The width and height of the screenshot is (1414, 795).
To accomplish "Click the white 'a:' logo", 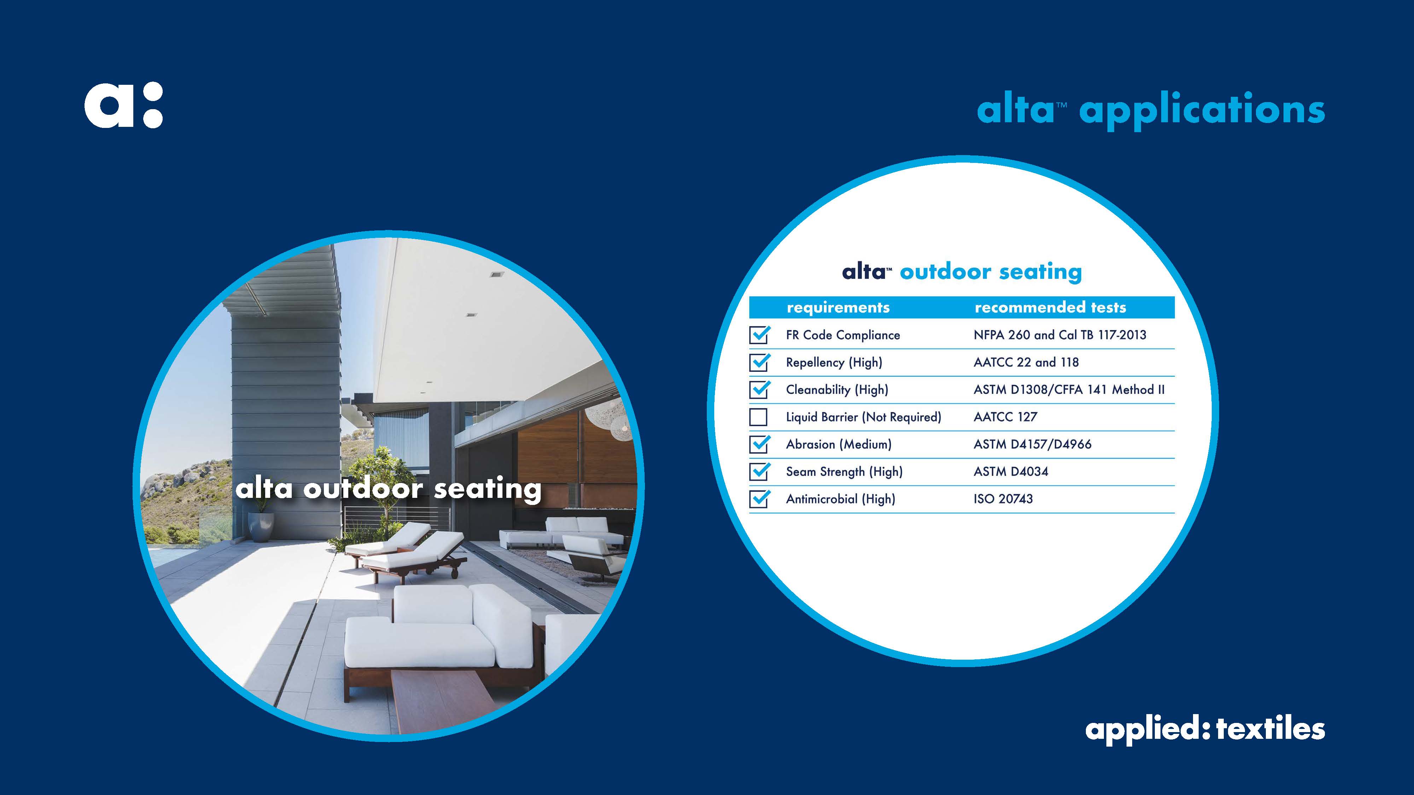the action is [123, 105].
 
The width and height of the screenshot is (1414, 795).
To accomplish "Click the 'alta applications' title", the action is [1151, 110].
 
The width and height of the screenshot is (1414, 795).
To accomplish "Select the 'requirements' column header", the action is [838, 307].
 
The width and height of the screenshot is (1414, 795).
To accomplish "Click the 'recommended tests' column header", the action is [1050, 307].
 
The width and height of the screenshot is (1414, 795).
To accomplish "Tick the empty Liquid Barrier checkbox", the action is [758, 417].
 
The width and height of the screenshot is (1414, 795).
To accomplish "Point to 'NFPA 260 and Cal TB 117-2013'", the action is [1060, 335].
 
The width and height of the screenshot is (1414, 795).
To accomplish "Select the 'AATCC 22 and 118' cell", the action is [1026, 362].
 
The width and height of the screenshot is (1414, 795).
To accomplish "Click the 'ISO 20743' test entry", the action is [1003, 499].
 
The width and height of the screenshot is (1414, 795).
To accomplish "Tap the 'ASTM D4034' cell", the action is [1011, 471].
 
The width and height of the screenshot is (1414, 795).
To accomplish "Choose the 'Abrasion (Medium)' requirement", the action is [839, 444].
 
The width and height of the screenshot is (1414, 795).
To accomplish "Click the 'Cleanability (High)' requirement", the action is [837, 389].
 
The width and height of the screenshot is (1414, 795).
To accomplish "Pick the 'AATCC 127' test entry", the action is [1005, 417].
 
